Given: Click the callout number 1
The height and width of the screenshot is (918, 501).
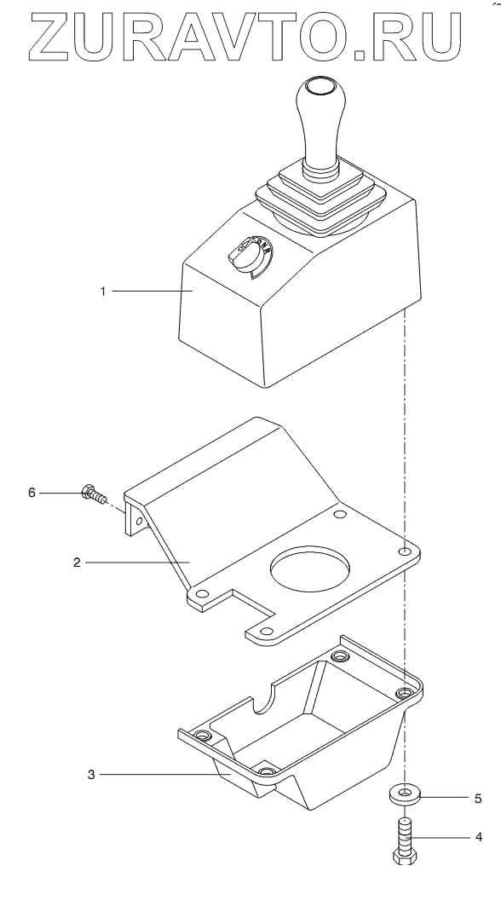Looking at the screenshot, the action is (x=103, y=291).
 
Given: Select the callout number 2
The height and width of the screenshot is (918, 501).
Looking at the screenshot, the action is (x=77, y=562).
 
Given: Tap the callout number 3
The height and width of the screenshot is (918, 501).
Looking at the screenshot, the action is (x=90, y=775).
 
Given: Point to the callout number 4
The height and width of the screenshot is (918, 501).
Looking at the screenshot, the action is (x=479, y=837).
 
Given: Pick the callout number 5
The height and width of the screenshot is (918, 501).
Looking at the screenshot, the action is (x=478, y=798).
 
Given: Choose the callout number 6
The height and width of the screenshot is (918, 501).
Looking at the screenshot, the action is (x=32, y=493).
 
